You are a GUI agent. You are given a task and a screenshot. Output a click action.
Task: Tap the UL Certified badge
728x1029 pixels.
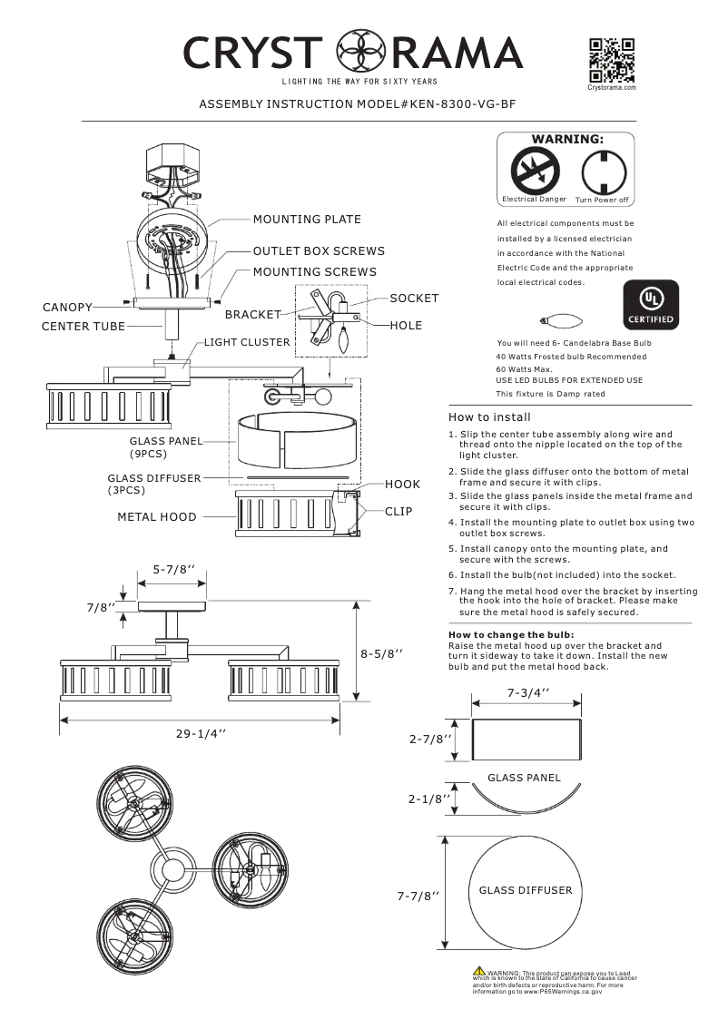[x=648, y=304]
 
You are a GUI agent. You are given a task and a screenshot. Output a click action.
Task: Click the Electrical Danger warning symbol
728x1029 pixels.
[x=534, y=170]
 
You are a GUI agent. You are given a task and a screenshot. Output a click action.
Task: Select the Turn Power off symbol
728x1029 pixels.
[x=602, y=170]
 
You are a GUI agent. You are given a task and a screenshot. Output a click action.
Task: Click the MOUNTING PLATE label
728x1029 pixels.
[x=307, y=220]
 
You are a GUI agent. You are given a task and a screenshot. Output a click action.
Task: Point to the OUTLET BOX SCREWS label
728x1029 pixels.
[x=319, y=251]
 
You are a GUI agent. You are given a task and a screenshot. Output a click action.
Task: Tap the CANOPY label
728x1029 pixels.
[x=67, y=309]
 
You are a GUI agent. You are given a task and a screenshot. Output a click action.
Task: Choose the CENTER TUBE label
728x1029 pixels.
[x=83, y=325]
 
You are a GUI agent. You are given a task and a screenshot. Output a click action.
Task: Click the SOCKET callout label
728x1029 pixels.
[x=414, y=299]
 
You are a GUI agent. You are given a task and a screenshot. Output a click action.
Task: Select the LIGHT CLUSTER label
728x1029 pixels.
[x=247, y=343]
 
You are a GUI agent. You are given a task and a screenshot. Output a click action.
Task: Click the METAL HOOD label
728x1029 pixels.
[x=157, y=517]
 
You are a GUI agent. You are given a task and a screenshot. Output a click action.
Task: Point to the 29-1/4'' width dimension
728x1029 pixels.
[x=201, y=734]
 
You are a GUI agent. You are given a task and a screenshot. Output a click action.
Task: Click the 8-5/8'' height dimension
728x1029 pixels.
[x=381, y=652]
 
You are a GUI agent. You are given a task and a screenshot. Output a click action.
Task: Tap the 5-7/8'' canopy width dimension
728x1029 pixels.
[x=172, y=571]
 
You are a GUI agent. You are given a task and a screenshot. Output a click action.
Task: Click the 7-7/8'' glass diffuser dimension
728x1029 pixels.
[x=418, y=896]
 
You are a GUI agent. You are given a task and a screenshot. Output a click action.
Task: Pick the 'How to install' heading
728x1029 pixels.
[x=490, y=417]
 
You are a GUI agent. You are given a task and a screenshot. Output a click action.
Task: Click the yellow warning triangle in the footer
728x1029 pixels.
[x=478, y=973]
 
